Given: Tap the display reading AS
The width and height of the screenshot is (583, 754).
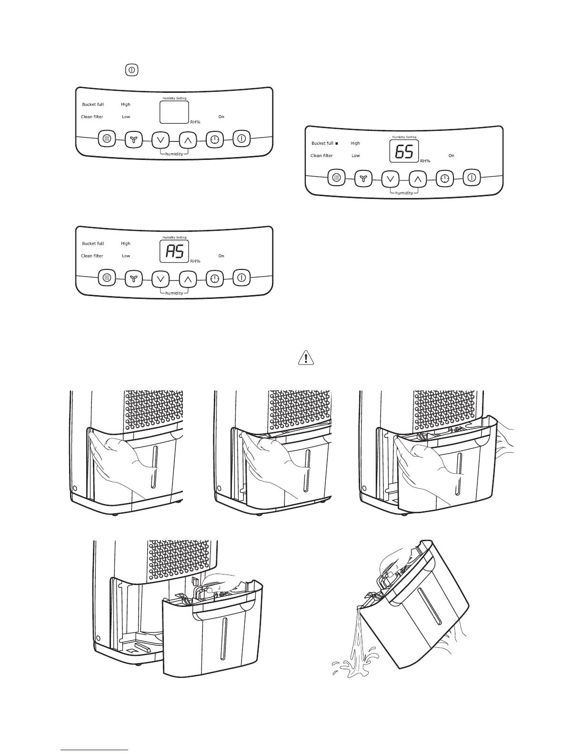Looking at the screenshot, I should pyautogui.click(x=174, y=252).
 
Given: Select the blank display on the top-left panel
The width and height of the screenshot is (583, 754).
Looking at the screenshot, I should pyautogui.click(x=174, y=113).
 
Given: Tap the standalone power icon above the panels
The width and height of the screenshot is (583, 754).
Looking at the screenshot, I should pyautogui.click(x=131, y=70).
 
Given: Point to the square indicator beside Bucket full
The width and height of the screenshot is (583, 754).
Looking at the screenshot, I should pyautogui.click(x=336, y=143).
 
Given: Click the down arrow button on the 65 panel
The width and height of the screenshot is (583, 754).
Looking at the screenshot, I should pyautogui.click(x=390, y=179).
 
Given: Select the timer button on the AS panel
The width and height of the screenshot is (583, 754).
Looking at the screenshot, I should pyautogui.click(x=215, y=278).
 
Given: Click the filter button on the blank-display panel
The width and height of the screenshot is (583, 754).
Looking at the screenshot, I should pyautogui.click(x=107, y=139).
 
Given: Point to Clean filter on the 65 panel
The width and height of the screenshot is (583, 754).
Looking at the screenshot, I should pyautogui.click(x=322, y=156).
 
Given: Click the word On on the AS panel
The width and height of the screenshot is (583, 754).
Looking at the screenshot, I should pyautogui.click(x=221, y=256).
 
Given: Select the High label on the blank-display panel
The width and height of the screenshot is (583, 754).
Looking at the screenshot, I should pyautogui.click(x=126, y=104).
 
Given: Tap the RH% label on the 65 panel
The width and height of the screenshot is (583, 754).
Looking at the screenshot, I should pyautogui.click(x=425, y=161).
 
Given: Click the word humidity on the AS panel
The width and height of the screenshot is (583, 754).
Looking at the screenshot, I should pyautogui.click(x=174, y=293).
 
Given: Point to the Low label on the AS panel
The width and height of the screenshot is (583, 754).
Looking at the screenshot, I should pyautogui.click(x=126, y=256).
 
